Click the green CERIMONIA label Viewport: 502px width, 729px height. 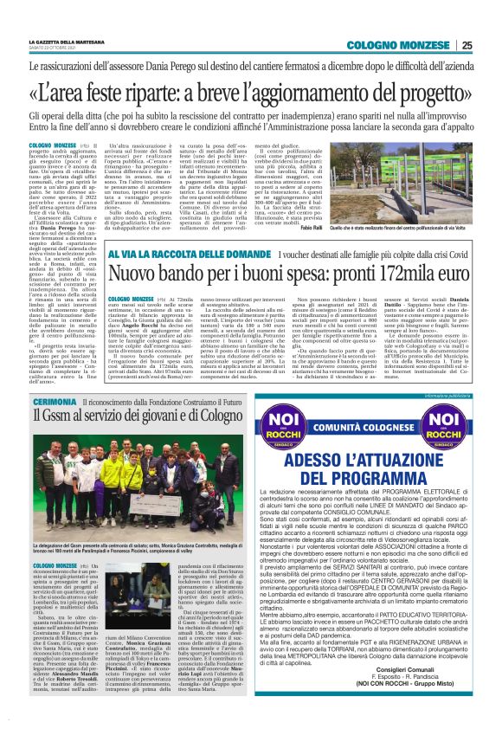(x=55, y=404)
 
